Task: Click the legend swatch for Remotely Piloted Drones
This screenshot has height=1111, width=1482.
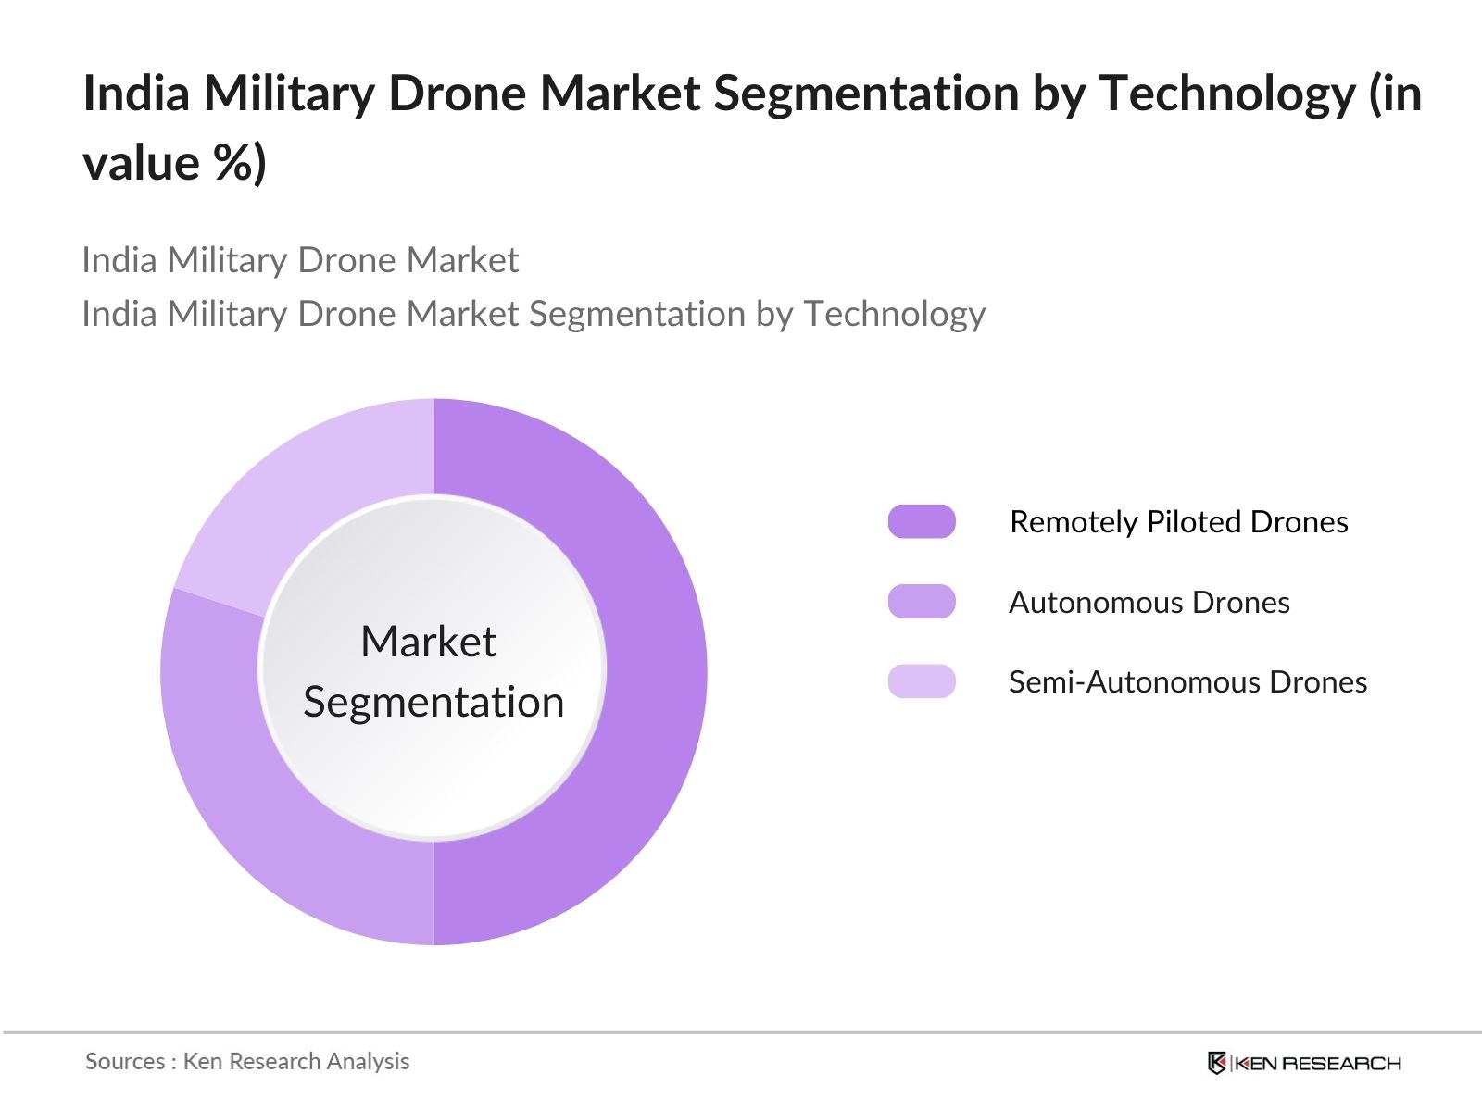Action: [921, 521]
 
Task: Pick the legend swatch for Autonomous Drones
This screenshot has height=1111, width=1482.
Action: [921, 602]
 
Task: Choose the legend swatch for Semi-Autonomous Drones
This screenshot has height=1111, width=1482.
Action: [921, 681]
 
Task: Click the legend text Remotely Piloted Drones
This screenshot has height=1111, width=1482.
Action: [1178, 522]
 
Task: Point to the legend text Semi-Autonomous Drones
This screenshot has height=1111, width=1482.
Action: [1187, 682]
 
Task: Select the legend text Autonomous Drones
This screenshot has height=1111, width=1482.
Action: [1149, 603]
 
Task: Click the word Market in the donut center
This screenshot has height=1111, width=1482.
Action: [428, 642]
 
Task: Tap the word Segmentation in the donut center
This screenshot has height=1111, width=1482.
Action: [433, 702]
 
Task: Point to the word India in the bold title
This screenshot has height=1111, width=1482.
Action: [136, 94]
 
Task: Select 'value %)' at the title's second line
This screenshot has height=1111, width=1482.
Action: [174, 164]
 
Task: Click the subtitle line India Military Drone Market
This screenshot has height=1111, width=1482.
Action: [299, 260]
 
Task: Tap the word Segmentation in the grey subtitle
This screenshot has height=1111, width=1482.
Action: [637, 314]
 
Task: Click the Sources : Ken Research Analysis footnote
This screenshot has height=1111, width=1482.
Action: [247, 1061]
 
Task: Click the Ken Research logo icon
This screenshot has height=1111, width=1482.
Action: [1217, 1063]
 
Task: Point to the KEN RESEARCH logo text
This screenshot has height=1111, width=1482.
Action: [1318, 1064]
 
